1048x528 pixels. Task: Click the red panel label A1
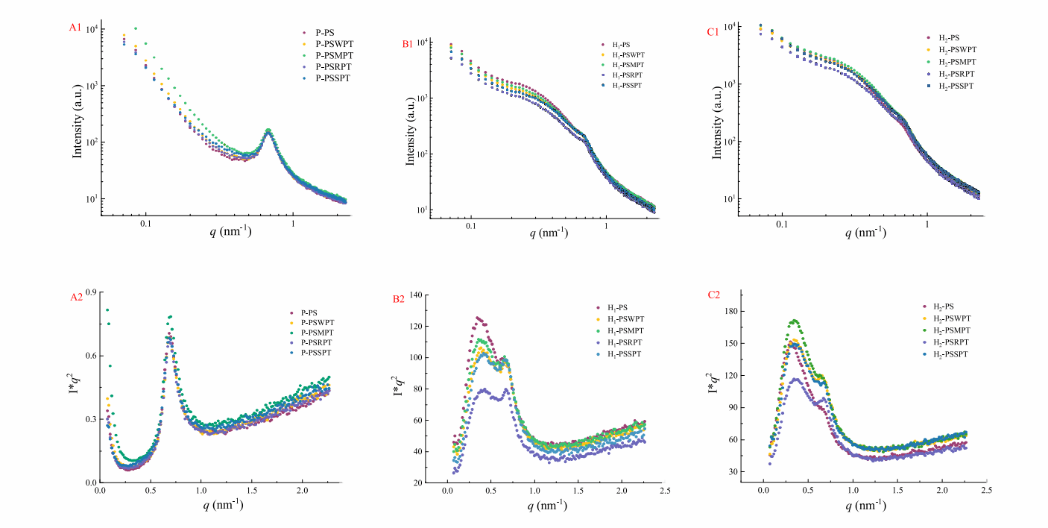tap(75, 28)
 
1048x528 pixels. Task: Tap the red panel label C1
tap(714, 34)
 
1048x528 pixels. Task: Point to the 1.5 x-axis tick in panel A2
tap(251, 493)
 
